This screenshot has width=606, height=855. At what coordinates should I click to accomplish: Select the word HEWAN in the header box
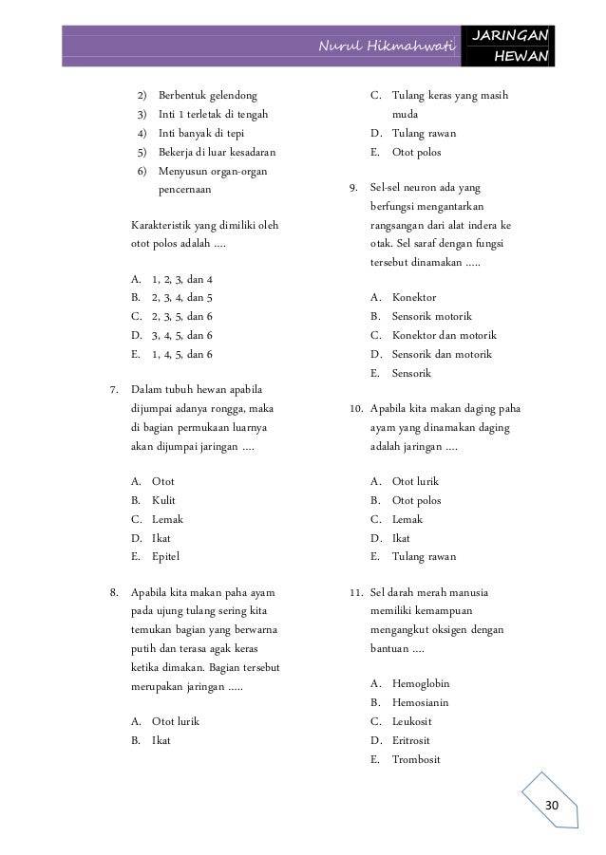click(521, 57)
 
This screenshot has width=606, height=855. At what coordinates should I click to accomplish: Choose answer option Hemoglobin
click(420, 683)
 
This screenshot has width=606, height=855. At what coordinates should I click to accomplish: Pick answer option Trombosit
click(416, 759)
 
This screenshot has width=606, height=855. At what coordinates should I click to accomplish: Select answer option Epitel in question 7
click(165, 556)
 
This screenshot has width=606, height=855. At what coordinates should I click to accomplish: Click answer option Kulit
click(163, 500)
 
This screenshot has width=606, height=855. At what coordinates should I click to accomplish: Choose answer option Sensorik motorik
click(431, 316)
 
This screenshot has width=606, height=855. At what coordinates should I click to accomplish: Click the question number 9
click(350, 188)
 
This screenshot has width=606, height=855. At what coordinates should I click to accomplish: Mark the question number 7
click(114, 390)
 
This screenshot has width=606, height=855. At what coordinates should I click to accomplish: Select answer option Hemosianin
click(420, 702)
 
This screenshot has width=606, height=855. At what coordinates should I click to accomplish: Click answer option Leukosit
click(412, 721)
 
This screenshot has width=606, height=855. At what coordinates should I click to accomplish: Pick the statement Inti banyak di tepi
click(200, 133)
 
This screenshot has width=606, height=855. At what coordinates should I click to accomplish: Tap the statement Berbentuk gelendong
click(207, 96)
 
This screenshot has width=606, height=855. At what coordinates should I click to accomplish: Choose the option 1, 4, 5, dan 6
click(181, 354)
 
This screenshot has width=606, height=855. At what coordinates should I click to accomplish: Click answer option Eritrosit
click(413, 740)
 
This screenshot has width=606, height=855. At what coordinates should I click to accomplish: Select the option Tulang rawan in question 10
click(423, 556)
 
